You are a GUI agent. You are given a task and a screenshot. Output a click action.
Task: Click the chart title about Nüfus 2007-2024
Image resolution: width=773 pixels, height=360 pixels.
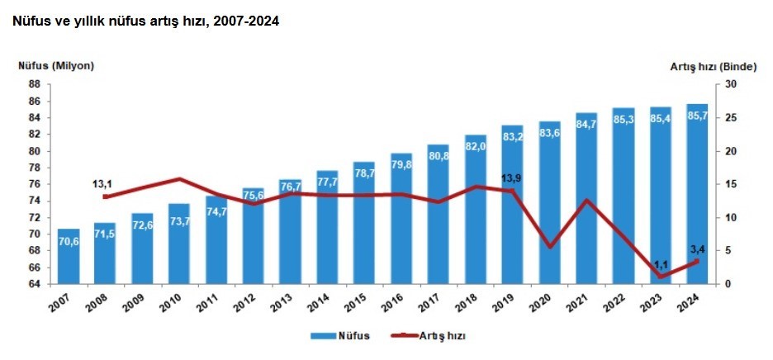coord(145,21)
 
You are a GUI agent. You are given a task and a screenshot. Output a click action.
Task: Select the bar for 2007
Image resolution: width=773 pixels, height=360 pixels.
coord(69,256)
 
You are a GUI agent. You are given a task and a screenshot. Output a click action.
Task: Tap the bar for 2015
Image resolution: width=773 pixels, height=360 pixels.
coord(364,223)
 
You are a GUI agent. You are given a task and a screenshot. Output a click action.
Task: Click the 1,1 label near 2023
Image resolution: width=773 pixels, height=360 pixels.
coord(660,265)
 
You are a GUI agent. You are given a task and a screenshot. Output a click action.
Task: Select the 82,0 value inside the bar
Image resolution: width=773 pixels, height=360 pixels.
coord(476,146)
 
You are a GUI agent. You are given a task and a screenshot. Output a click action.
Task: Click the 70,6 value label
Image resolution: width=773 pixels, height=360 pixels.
coord(69,242)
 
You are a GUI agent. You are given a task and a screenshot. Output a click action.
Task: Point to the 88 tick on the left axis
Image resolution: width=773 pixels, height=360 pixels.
coord(35,84)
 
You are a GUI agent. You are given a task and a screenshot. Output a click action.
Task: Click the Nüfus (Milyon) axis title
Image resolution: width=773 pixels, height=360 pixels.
coord(56,66)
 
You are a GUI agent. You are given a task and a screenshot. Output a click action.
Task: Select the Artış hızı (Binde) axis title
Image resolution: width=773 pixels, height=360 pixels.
coord(713,66)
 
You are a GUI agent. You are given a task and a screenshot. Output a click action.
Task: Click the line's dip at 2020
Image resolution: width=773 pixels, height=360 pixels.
coord(549,246)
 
